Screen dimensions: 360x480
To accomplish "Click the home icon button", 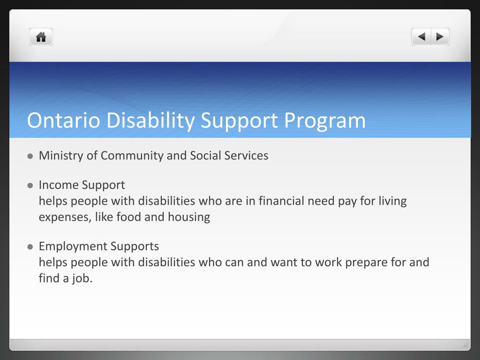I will click(x=41, y=37).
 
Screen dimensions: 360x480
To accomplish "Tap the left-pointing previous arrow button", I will click(x=421, y=37).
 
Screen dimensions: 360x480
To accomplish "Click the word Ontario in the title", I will click(x=64, y=120).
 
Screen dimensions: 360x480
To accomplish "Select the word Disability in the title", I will click(x=150, y=120).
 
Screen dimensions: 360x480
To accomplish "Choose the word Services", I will click(x=248, y=156).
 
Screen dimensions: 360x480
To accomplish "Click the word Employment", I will click(x=73, y=246).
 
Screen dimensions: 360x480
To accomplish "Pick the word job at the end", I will click(x=82, y=278).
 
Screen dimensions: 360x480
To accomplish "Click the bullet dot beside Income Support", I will click(x=30, y=185).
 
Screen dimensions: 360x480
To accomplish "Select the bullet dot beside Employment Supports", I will click(x=30, y=247).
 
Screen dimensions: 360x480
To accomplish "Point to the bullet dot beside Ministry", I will click(x=30, y=156).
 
